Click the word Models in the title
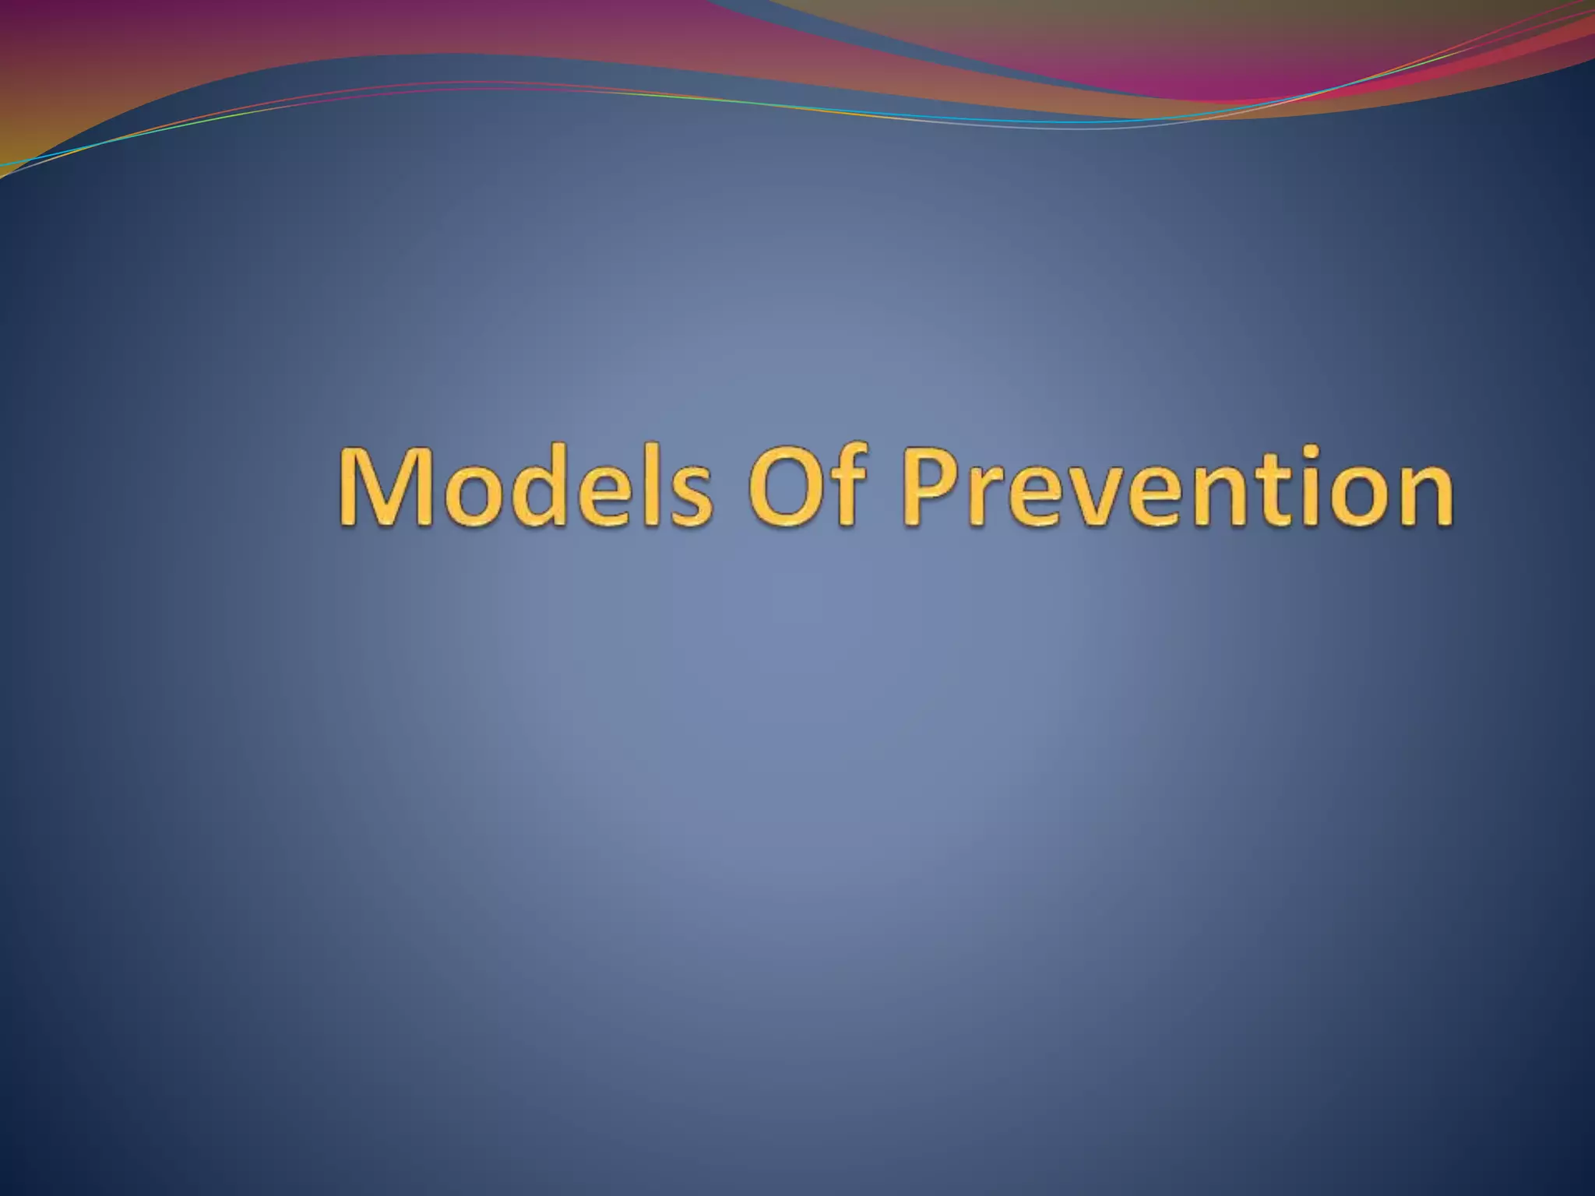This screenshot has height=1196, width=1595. tap(524, 487)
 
